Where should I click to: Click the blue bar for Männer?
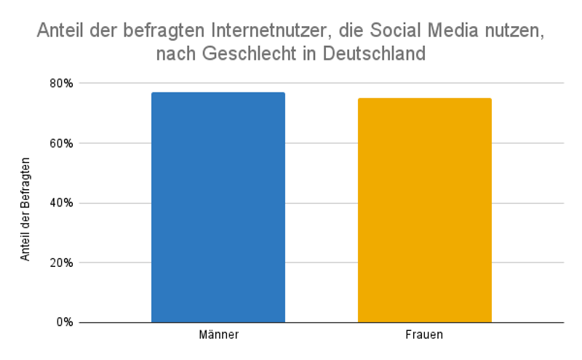(x=218, y=207)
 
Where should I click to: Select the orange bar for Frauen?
(x=424, y=210)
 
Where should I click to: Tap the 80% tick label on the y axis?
(x=62, y=84)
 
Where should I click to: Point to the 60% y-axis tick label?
(x=62, y=143)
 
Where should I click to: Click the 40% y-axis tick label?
(x=62, y=203)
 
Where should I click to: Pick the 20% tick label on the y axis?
(x=62, y=263)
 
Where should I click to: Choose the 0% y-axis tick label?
(x=65, y=322)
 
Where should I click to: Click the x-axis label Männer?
(x=218, y=336)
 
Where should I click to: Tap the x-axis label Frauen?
(x=424, y=336)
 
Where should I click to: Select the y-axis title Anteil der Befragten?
(x=25, y=208)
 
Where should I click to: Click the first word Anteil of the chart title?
(x=60, y=31)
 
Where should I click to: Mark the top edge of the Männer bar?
(x=218, y=93)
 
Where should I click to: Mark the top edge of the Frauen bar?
(x=424, y=99)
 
